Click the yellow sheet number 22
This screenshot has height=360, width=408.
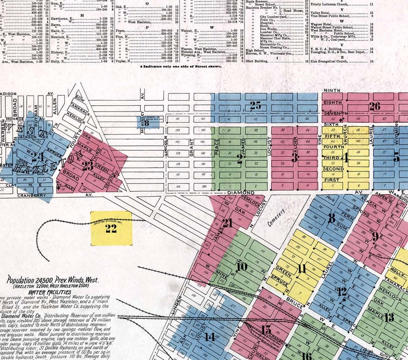click(111, 229)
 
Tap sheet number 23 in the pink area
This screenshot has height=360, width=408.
click(88, 166)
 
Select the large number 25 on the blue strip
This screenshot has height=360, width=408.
click(255, 106)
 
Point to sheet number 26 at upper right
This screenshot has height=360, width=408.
click(375, 106)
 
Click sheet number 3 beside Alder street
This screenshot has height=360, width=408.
click(294, 158)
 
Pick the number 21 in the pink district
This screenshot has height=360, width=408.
click(227, 223)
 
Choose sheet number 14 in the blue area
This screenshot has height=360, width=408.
click(209, 337)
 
